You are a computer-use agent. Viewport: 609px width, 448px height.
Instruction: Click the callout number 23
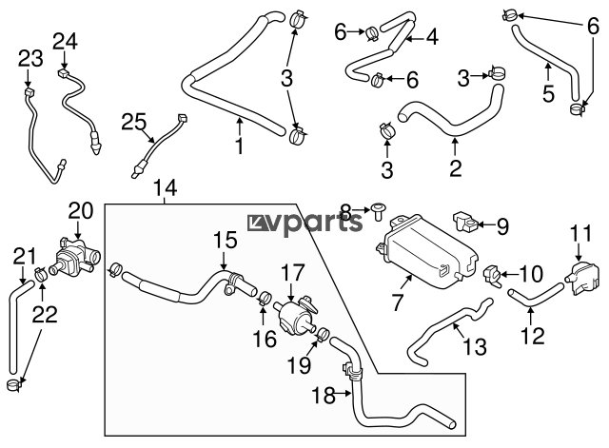[30, 59]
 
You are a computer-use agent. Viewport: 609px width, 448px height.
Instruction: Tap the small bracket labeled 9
[465, 222]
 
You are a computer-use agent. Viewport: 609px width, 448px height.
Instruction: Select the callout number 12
[534, 334]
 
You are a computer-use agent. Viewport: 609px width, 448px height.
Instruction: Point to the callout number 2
[455, 169]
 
